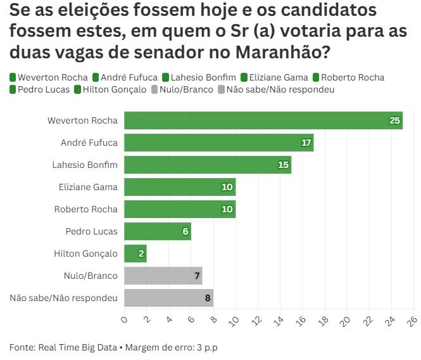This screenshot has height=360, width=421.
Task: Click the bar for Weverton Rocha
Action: coord(263,120)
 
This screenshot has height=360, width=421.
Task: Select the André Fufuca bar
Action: coord(218,143)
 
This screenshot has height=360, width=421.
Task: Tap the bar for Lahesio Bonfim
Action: coord(207,165)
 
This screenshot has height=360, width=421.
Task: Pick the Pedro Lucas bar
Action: coord(157,231)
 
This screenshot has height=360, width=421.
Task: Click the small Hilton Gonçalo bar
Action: coord(135,254)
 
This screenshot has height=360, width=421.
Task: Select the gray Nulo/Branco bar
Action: coord(163,276)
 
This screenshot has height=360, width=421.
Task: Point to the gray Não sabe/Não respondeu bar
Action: coord(168,298)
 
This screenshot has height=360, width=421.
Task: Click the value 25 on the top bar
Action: coord(395,120)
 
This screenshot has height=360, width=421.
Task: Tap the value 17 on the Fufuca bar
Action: coord(306,143)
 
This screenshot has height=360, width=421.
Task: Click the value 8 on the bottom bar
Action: coord(208,298)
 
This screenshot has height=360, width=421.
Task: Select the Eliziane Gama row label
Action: coord(87,187)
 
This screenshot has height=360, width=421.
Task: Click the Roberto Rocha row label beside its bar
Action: coord(85,209)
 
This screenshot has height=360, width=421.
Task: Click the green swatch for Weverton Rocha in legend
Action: coord(13,77)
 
